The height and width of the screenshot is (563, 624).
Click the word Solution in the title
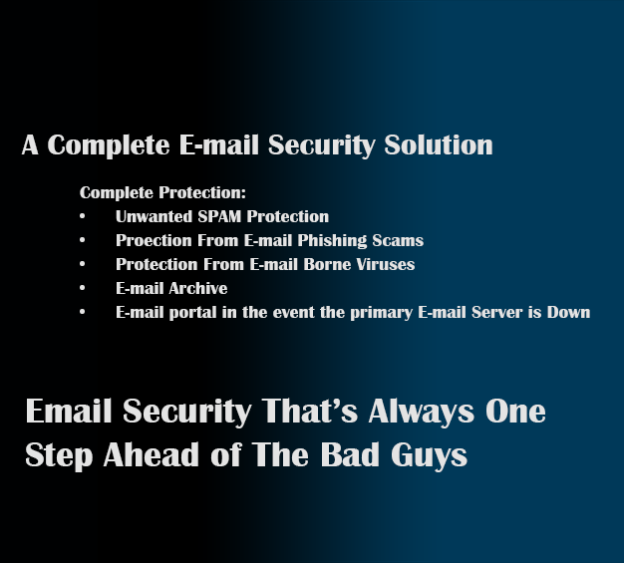pos(439,144)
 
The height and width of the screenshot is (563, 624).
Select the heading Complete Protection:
pos(162,193)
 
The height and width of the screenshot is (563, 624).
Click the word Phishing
pos(332,241)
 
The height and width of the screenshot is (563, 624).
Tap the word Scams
pos(398,241)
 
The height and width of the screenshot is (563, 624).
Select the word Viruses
pos(386,265)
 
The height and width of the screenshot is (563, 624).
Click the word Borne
pos(327,265)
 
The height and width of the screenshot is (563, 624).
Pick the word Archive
pos(198,288)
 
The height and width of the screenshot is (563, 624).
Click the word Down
pos(569,312)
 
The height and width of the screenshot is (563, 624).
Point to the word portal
pos(193,313)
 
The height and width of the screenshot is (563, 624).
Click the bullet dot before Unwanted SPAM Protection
pos(83,216)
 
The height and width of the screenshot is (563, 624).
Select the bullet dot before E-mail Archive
pos(83,288)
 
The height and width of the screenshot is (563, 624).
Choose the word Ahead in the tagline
pos(152,454)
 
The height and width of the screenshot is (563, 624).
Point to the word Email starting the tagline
pos(69,411)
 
